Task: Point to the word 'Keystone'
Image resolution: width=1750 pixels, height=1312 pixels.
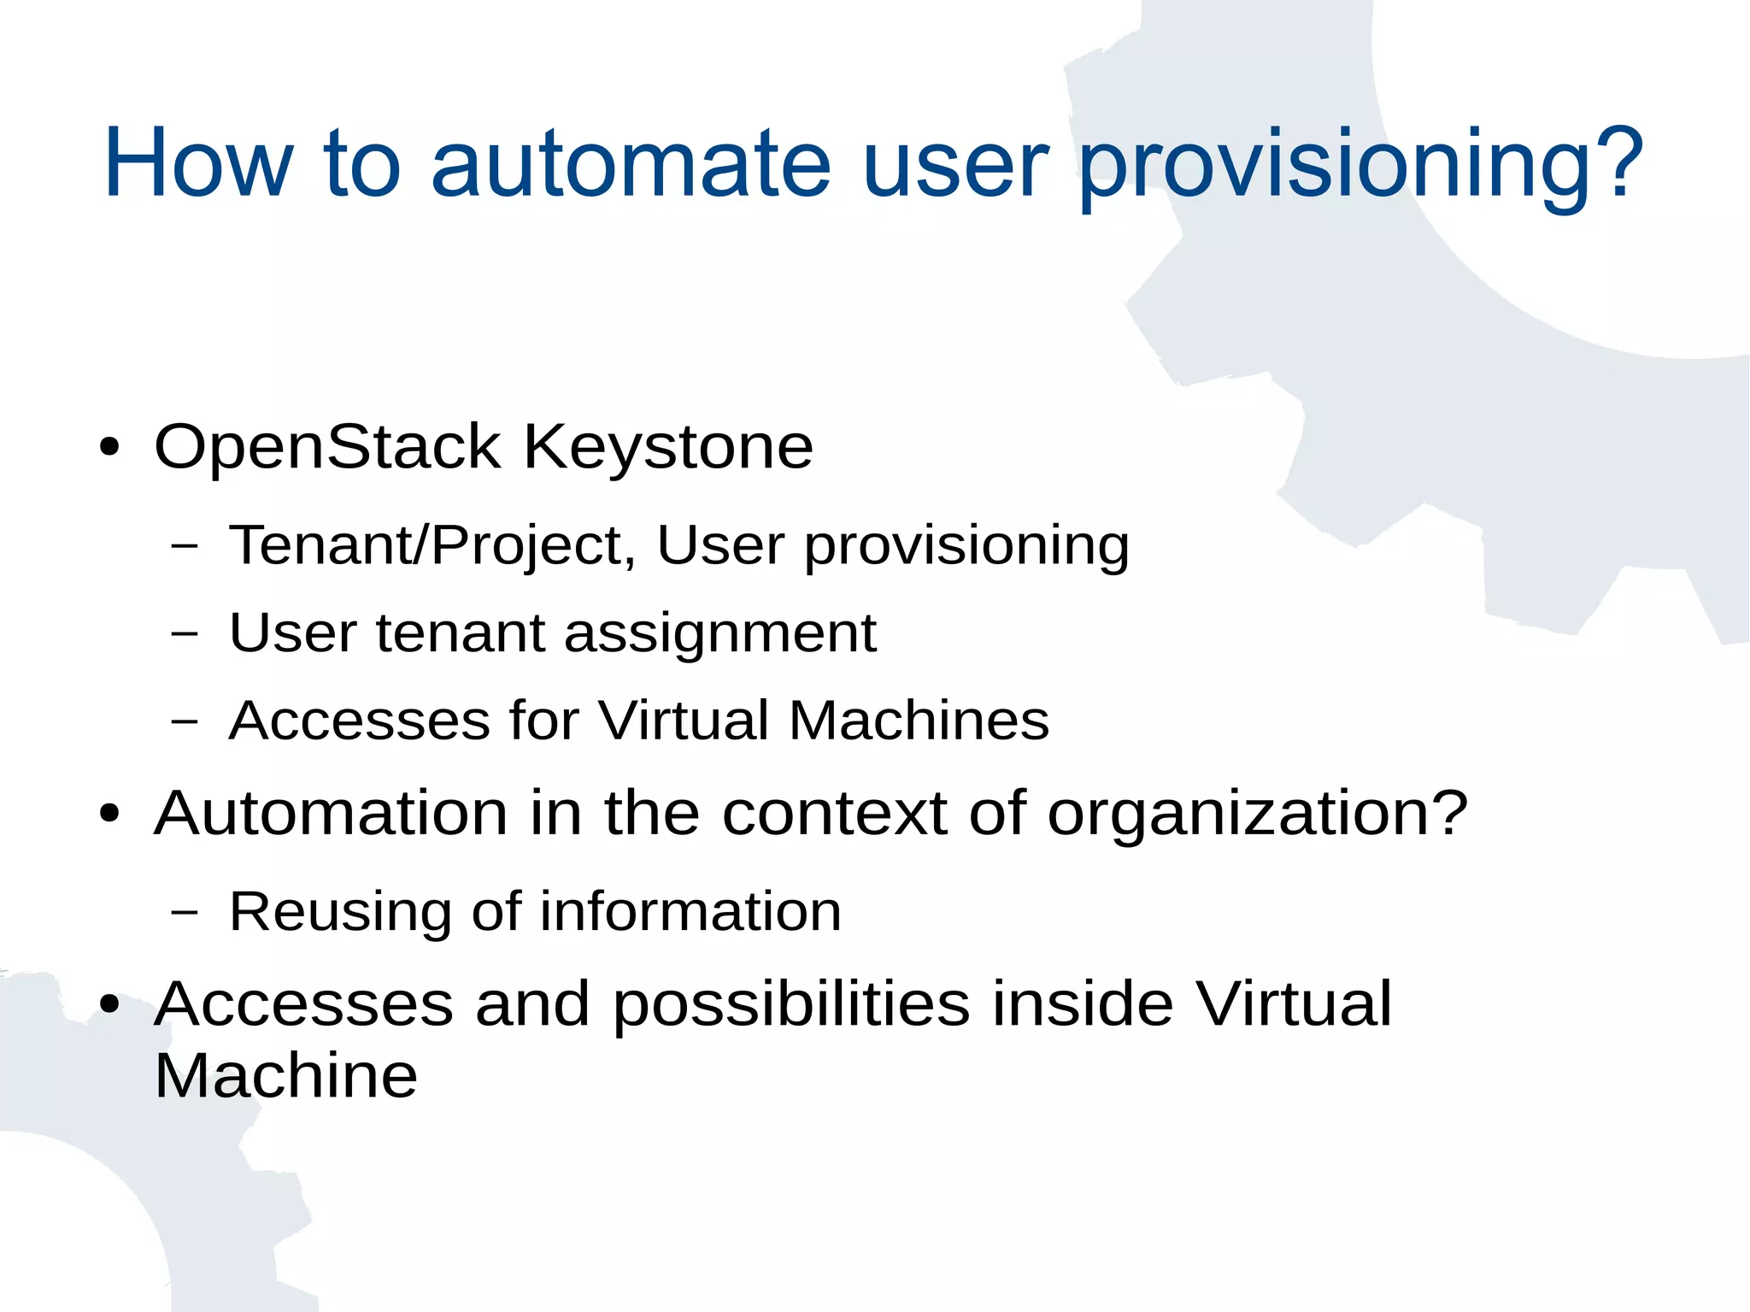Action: coord(667,448)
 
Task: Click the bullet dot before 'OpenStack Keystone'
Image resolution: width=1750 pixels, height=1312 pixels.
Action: coord(109,448)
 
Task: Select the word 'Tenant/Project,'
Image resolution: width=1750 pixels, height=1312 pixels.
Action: coord(432,544)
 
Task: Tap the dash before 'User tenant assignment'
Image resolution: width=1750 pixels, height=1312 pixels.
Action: coord(184,633)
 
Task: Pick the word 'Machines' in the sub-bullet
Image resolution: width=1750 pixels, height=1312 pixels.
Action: coord(919,720)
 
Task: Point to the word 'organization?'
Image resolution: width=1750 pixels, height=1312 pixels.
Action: coord(1257,815)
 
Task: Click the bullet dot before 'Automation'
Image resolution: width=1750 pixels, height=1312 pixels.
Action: coord(109,813)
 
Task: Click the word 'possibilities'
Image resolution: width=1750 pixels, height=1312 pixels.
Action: coord(791,1004)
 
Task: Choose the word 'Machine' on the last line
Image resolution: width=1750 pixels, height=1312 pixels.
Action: coord(285,1075)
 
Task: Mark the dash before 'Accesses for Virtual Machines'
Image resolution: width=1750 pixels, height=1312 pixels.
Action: coord(184,721)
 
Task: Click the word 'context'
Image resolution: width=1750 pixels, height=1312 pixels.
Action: coord(834,813)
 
